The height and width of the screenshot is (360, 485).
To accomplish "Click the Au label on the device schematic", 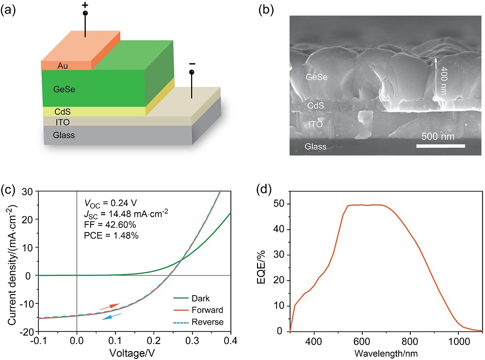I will click(62, 65).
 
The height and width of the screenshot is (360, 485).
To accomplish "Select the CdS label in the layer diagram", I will click(63, 112).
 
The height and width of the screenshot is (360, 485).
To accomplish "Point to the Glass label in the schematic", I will click(64, 136).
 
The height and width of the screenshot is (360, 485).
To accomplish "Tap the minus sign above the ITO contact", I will click(192, 64).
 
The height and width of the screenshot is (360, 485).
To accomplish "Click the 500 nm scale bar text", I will click(438, 136).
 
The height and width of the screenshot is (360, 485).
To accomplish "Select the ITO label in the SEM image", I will click(316, 125).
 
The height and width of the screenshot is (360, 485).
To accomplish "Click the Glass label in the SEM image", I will click(315, 146).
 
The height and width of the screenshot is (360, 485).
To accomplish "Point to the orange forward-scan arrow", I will click(109, 306).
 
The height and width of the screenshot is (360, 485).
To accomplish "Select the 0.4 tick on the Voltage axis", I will click(231, 341).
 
